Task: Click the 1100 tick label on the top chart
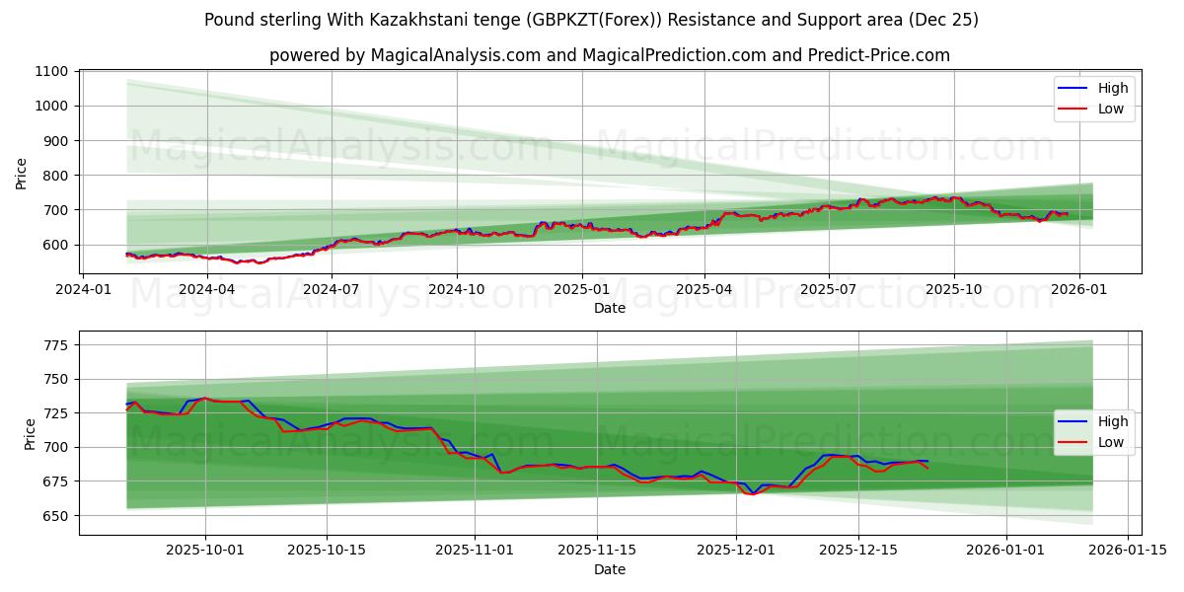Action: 51,71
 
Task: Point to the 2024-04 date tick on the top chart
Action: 207,289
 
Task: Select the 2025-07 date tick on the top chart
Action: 828,289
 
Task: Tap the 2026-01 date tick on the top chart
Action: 1078,289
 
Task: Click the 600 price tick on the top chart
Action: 55,245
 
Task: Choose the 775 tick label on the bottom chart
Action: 55,344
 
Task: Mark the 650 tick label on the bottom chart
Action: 55,515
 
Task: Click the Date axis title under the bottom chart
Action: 609,569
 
